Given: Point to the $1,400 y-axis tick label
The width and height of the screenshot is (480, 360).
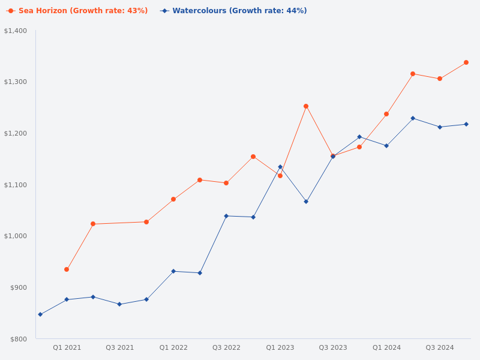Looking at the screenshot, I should click(x=16, y=31).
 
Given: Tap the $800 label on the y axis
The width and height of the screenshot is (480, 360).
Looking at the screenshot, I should click(x=18, y=339).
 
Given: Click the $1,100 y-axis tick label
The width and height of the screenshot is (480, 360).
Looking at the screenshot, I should click(x=16, y=185).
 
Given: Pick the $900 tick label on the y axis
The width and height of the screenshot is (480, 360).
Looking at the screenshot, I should click(x=18, y=287).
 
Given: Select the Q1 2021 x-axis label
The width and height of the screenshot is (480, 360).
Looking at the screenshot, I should click(x=67, y=347).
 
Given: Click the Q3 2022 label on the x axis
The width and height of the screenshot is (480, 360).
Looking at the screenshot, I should click(x=226, y=347).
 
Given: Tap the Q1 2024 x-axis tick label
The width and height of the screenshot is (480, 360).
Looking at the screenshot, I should click(x=386, y=347).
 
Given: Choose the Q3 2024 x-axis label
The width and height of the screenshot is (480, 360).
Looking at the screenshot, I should click(x=440, y=347).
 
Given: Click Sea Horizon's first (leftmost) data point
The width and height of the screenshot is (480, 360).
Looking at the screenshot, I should click(x=67, y=269).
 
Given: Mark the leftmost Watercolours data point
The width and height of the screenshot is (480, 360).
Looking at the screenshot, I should click(x=40, y=314).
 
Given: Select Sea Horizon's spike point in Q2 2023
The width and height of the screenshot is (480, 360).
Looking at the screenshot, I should click(x=306, y=106).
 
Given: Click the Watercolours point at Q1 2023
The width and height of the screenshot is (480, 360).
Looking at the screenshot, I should click(x=280, y=167).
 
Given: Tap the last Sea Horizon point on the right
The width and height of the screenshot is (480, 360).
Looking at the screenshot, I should click(x=466, y=62).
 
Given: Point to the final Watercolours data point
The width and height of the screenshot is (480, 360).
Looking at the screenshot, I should click(x=466, y=124).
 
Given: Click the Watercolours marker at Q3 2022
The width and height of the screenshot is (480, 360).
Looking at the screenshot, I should click(x=226, y=216).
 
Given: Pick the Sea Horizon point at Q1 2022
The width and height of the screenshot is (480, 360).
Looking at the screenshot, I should click(x=173, y=199).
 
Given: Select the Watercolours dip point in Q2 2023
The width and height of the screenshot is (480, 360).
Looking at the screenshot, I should click(x=306, y=202).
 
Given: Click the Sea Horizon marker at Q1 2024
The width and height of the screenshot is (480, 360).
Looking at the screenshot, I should click(x=386, y=114).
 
